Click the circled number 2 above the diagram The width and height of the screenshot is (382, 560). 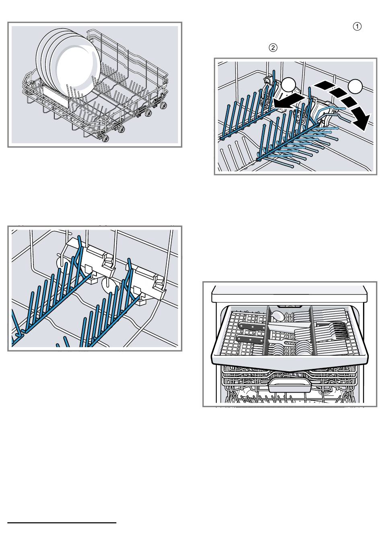(x=273, y=47)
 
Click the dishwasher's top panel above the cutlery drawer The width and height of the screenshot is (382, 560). (x=289, y=294)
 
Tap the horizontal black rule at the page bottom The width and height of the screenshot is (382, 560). (x=62, y=523)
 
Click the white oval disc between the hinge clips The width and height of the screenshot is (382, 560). (x=109, y=284)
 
